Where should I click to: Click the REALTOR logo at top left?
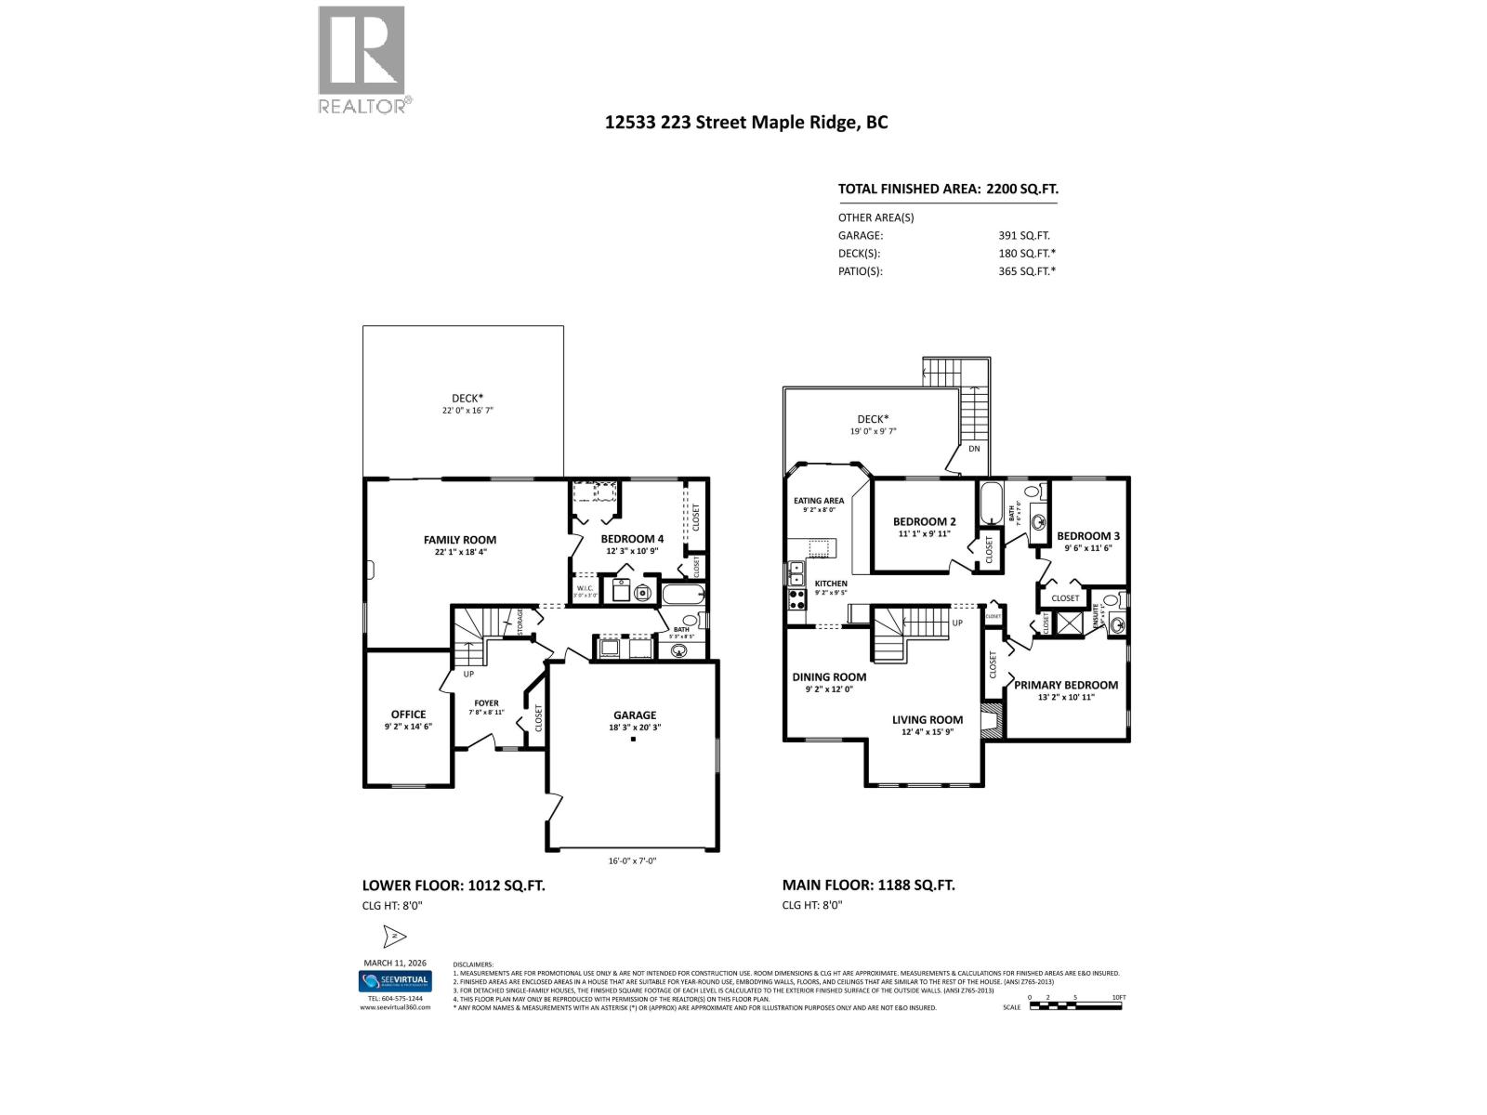362,59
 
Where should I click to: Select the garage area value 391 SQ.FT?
1024,236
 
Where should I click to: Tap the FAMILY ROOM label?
460,540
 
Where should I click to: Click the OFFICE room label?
408,715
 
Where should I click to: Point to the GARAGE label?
634,715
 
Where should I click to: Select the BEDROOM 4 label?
632,539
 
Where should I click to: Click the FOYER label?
486,703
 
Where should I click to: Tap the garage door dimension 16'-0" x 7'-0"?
633,861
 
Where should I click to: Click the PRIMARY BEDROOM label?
1066,685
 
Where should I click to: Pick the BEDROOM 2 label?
924,522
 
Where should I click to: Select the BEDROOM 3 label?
1088,536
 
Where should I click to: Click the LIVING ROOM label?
928,719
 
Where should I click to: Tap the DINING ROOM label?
829,677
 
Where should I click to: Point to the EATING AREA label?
819,501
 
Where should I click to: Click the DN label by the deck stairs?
974,449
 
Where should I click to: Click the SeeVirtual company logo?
395,981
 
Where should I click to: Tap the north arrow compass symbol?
393,936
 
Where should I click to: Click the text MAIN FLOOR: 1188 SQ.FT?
868,885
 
